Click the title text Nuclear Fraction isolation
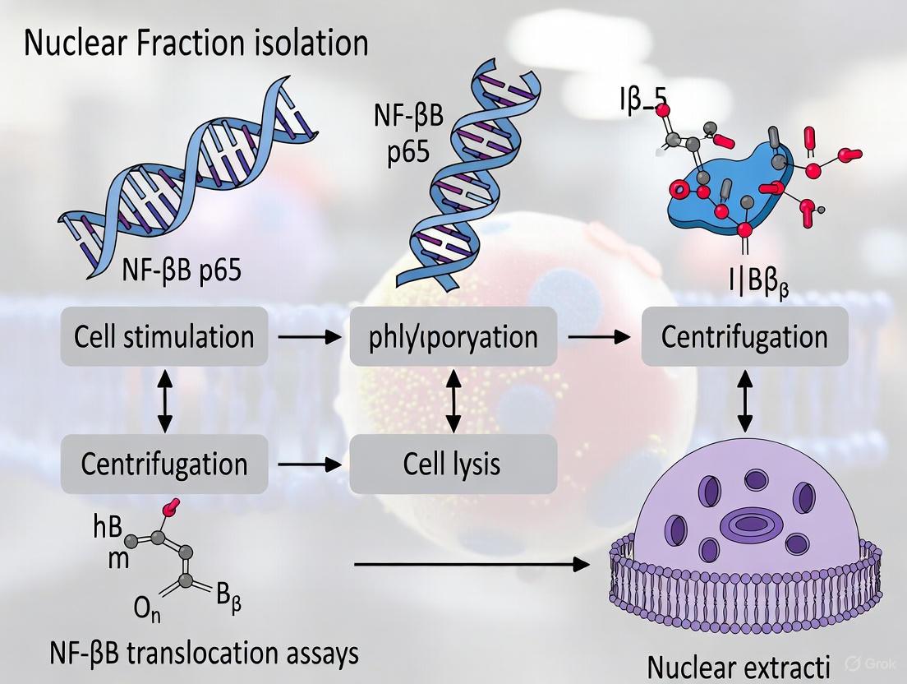(196, 43)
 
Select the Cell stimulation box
(164, 336)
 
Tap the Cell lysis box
(453, 464)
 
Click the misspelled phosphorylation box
(453, 336)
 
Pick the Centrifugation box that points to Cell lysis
(164, 464)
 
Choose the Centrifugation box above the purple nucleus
(745, 336)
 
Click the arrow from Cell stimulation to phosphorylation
(308, 336)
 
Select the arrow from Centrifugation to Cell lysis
(308, 464)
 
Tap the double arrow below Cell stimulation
(164, 400)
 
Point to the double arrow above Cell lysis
(453, 400)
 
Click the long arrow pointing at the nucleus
(472, 565)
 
